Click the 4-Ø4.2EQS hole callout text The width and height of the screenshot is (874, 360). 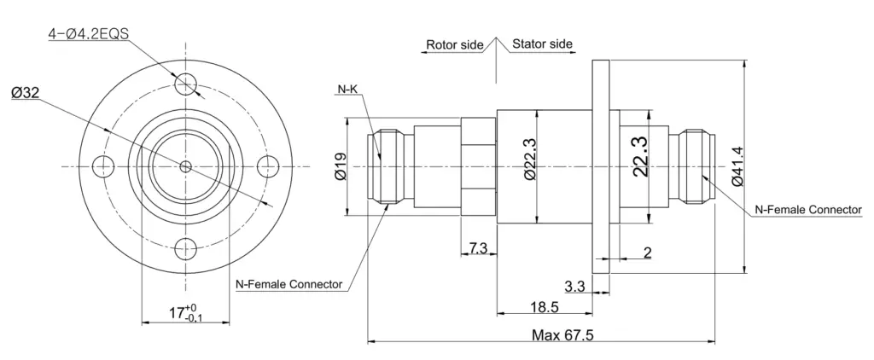89,34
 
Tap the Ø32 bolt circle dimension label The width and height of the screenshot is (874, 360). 25,93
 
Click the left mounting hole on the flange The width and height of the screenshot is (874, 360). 103,166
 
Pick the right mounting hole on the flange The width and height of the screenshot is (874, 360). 268,166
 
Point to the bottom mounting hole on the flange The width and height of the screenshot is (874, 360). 185,248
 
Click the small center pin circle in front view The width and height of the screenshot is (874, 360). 185,166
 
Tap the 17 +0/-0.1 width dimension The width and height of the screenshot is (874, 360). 186,312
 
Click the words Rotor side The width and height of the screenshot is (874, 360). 454,44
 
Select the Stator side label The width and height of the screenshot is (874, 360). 542,44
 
